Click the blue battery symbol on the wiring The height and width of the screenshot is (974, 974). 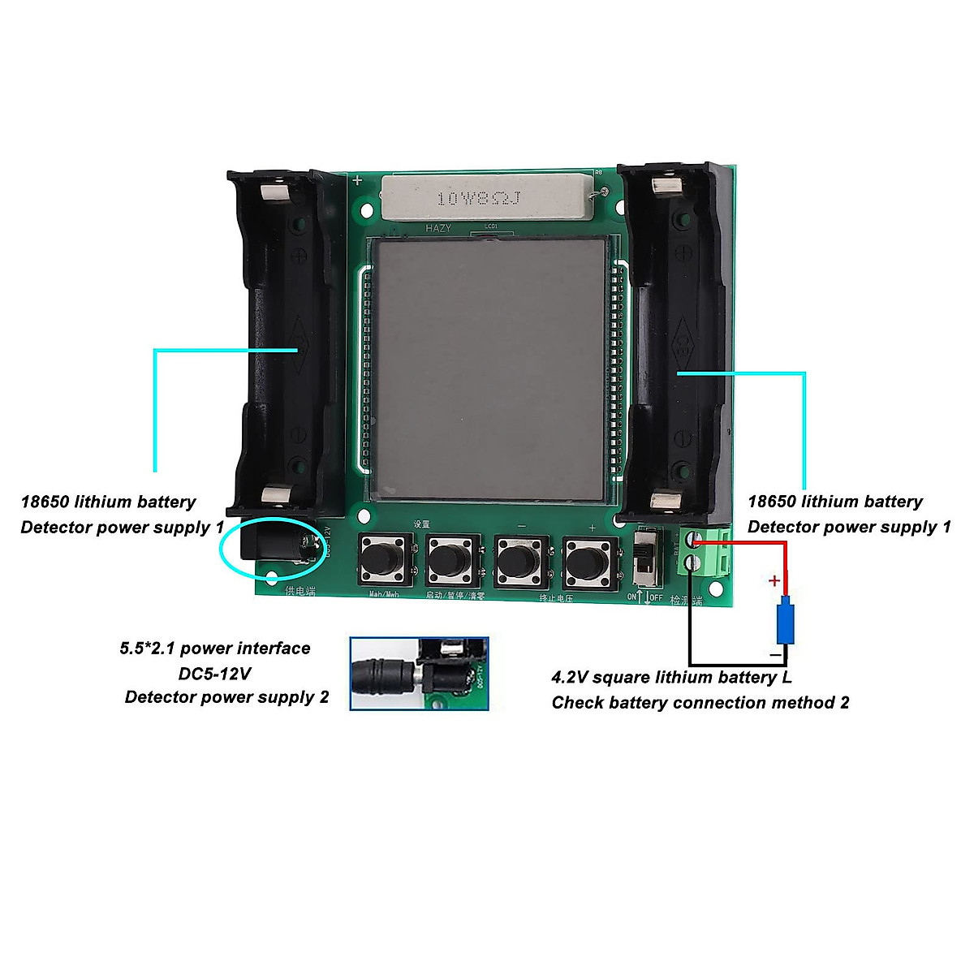pos(784,621)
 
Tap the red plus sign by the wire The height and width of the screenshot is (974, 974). pos(774,581)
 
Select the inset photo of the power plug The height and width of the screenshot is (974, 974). pos(419,674)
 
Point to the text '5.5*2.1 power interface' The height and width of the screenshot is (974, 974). pos(215,649)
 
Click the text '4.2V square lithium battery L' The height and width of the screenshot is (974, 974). pos(671,678)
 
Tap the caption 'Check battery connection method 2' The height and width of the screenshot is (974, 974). pos(700,703)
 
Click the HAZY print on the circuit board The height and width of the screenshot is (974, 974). pos(438,229)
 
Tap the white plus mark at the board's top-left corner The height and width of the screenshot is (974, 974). pos(357,180)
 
